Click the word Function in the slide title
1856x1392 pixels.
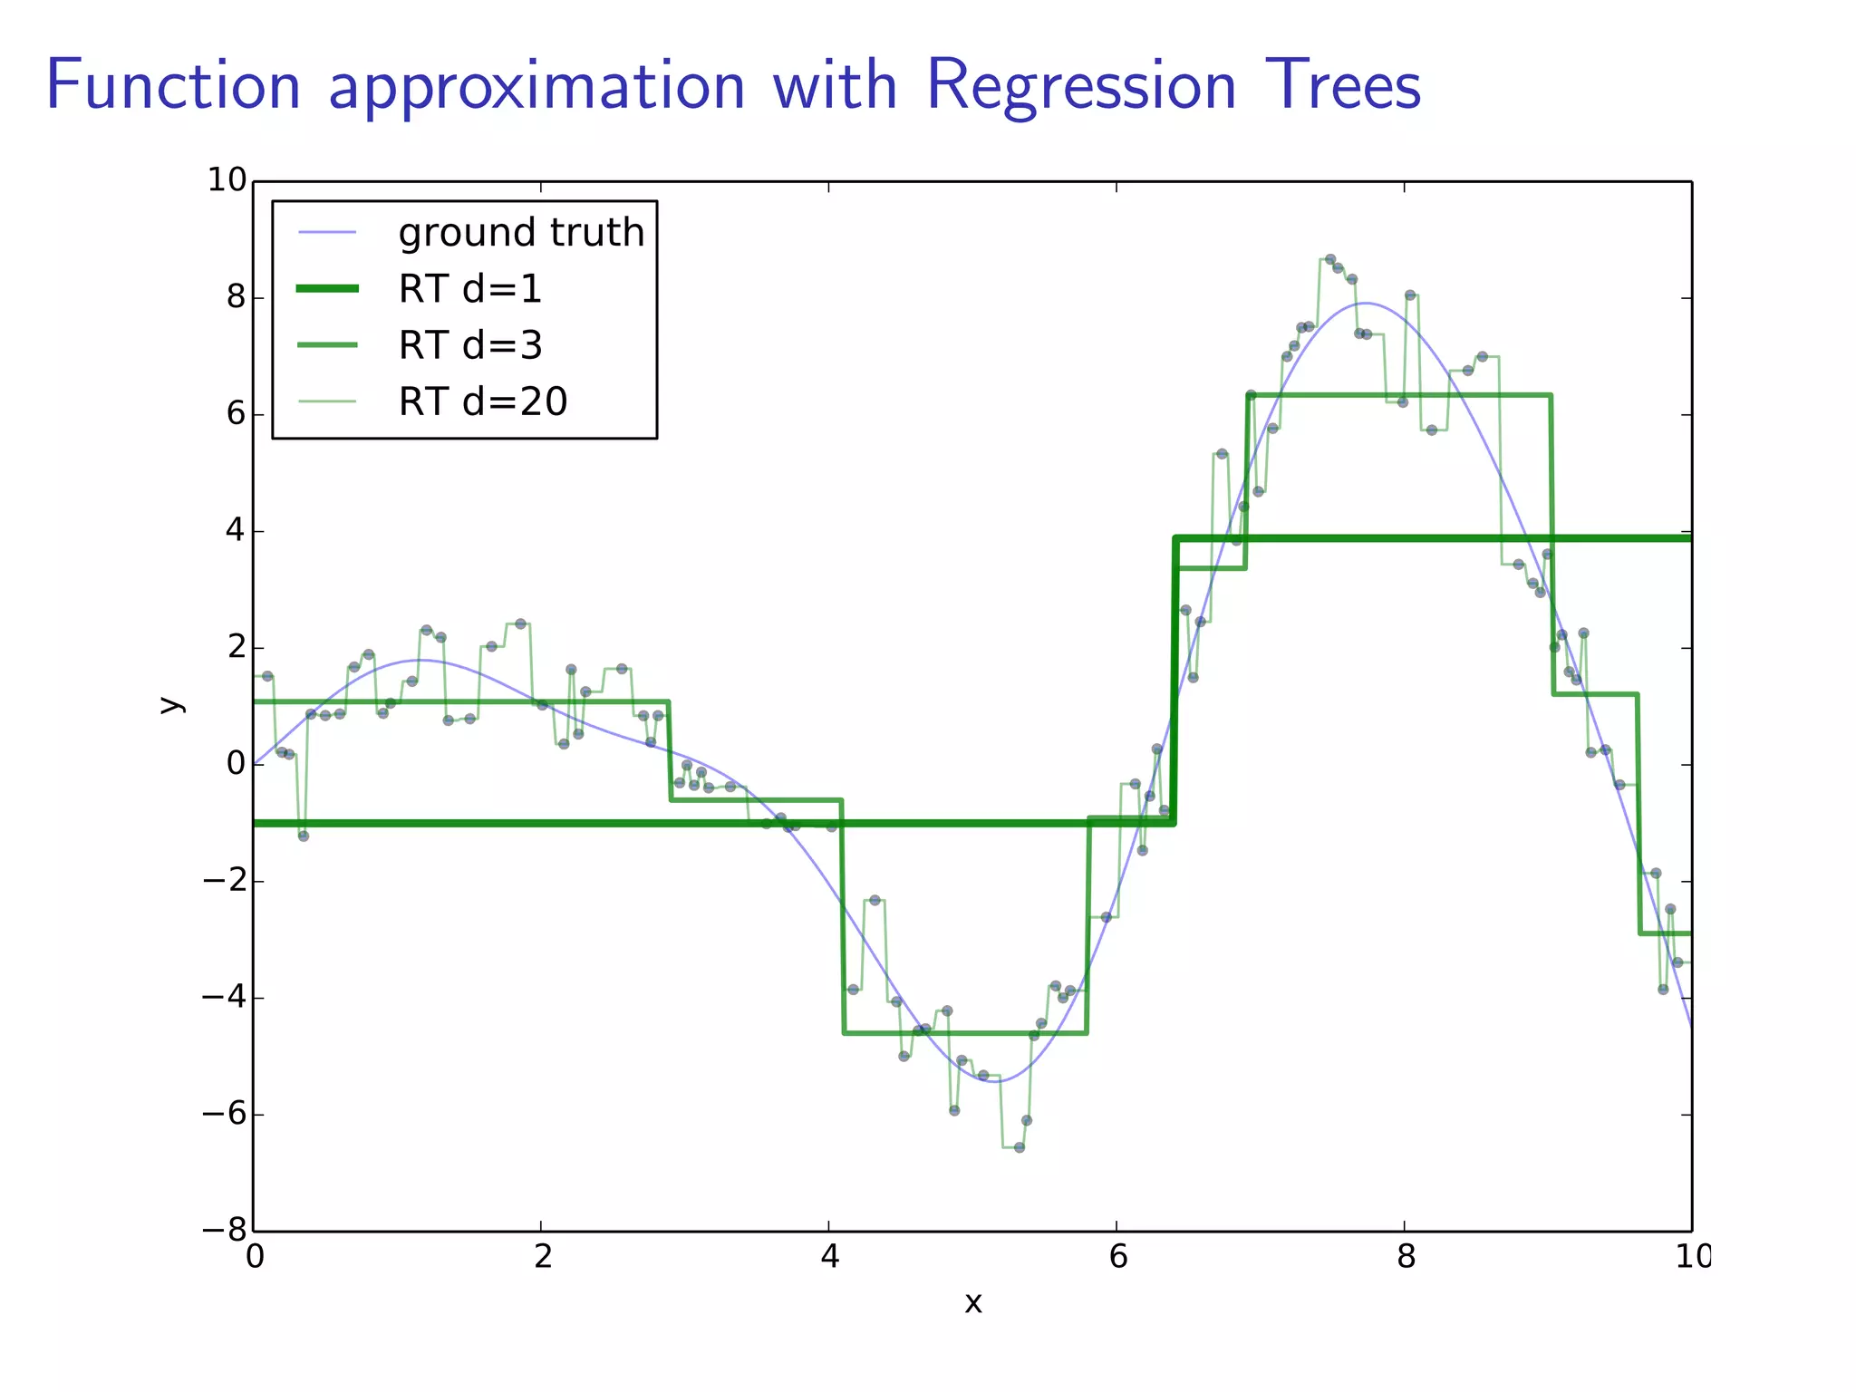coord(172,86)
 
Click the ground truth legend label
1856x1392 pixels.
coord(521,233)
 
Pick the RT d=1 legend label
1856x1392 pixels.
coord(470,289)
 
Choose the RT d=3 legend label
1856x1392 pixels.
coord(470,345)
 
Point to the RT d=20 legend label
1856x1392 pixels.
coord(483,401)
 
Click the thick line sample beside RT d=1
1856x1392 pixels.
coord(327,289)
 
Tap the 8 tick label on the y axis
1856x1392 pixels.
coord(236,297)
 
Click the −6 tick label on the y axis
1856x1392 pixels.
coord(224,1114)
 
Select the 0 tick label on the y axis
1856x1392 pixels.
coord(236,764)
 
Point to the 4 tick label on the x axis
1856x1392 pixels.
coord(829,1257)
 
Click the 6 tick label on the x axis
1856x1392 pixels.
coord(1117,1257)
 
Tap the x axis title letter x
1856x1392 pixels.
coord(972,1303)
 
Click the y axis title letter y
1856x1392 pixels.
coord(169,705)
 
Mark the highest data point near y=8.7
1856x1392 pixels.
coord(1329,259)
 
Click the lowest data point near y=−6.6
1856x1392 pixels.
coord(1019,1147)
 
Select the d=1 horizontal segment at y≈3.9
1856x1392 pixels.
coord(1432,538)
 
